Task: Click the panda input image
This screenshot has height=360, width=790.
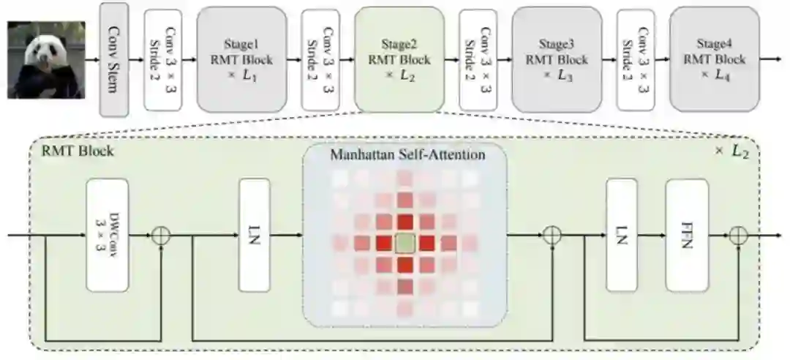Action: click(46, 59)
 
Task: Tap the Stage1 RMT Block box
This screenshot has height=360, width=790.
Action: click(241, 59)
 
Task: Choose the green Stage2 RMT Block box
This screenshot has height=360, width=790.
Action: click(399, 59)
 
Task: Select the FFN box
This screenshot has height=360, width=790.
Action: click(687, 234)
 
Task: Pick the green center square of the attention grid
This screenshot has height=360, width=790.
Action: click(405, 243)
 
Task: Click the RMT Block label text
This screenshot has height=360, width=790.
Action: click(71, 155)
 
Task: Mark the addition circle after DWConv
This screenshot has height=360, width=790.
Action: click(160, 236)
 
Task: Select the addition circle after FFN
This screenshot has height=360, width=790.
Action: click(740, 236)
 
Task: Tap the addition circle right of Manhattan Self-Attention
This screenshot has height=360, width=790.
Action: click(553, 236)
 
